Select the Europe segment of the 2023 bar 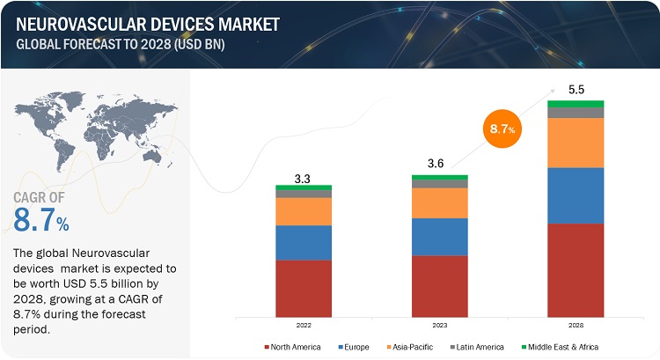(x=439, y=237)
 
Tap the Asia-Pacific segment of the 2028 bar (x=576, y=143)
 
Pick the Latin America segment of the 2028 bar (x=576, y=113)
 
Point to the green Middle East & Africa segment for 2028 (x=576, y=104)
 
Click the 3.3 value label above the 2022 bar (x=304, y=178)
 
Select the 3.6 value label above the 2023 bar (x=439, y=165)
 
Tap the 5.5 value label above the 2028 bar (x=576, y=90)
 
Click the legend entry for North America (x=293, y=347)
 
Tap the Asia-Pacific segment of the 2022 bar (x=304, y=211)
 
